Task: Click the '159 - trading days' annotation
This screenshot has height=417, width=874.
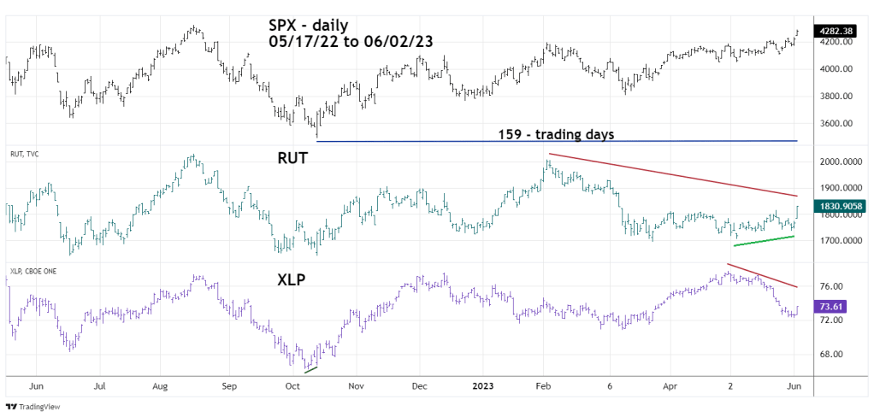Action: click(556, 134)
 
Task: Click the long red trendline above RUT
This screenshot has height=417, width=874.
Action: click(676, 175)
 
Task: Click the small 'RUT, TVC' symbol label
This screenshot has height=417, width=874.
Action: click(25, 154)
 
